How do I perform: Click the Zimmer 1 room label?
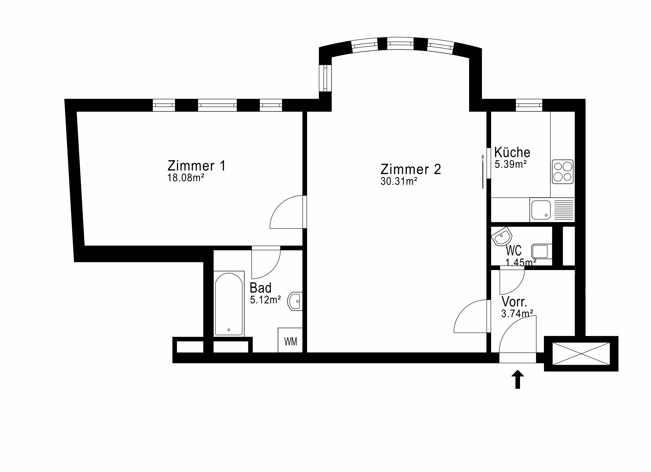[x=197, y=166]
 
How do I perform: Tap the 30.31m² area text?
[x=399, y=181]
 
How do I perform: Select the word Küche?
[x=512, y=152]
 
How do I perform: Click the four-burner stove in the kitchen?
[x=563, y=172]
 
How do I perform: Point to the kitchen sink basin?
[x=541, y=210]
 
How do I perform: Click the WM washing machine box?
[x=290, y=340]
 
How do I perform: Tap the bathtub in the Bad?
[x=229, y=304]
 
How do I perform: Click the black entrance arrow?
[x=518, y=379]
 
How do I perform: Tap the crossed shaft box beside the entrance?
[x=581, y=354]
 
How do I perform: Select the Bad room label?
[x=260, y=288]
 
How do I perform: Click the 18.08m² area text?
[x=185, y=178]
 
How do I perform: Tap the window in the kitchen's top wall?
[x=529, y=105]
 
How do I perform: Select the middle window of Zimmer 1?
[x=217, y=105]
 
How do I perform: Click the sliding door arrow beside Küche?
[x=483, y=172]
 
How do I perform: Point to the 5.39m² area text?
[x=511, y=164]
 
